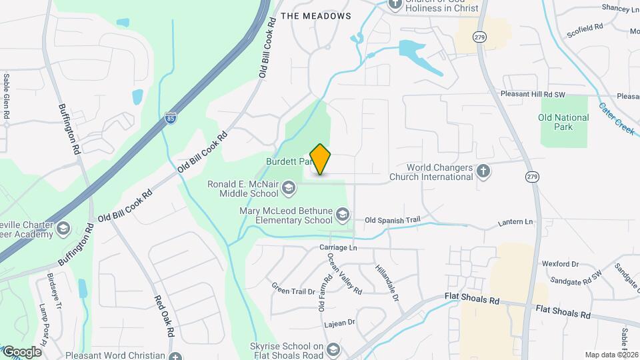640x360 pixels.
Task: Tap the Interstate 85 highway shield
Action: click(x=171, y=119)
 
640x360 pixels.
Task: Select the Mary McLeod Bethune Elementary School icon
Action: click(x=342, y=214)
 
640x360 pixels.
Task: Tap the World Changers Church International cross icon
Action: click(x=484, y=171)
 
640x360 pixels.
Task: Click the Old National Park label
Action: click(x=563, y=122)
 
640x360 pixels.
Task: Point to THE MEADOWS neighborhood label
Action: click(x=315, y=15)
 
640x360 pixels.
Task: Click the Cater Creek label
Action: click(x=616, y=118)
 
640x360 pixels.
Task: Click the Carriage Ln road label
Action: click(x=338, y=247)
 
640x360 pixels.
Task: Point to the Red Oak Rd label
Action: click(x=164, y=316)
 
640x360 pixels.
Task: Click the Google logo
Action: click(x=22, y=351)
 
